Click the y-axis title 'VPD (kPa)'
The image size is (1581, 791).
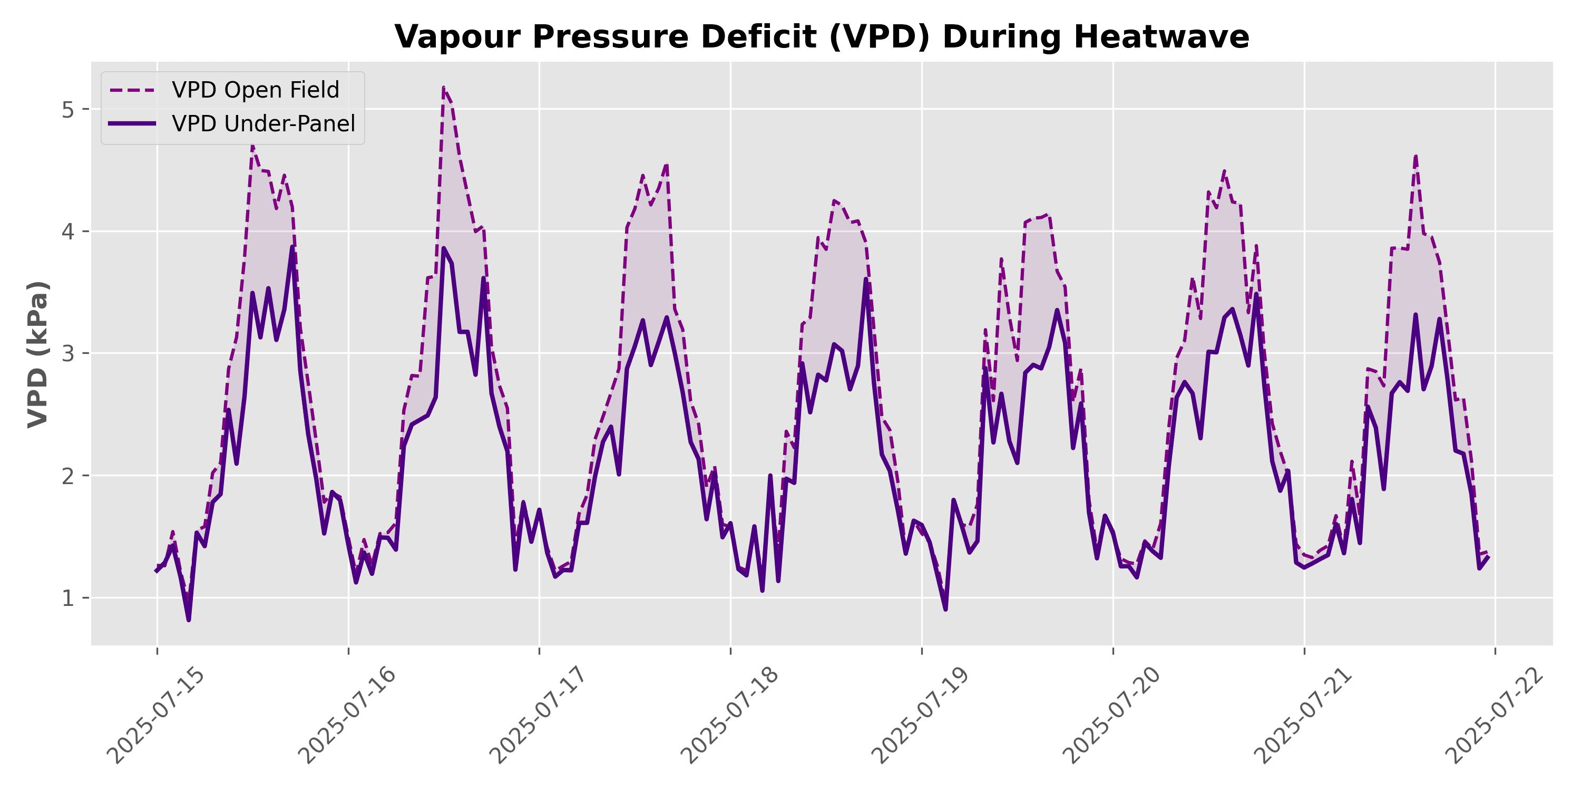38,354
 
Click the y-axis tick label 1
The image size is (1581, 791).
67,597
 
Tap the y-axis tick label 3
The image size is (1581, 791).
67,353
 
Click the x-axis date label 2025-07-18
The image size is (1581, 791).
730,716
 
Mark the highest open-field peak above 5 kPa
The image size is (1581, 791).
443,89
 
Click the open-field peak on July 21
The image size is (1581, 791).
1416,156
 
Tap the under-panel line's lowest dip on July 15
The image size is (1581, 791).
189,620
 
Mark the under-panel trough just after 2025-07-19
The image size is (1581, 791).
945,609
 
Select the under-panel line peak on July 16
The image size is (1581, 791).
443,248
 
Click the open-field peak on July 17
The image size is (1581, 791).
667,163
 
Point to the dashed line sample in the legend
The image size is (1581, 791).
132,90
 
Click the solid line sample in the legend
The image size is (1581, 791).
132,123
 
